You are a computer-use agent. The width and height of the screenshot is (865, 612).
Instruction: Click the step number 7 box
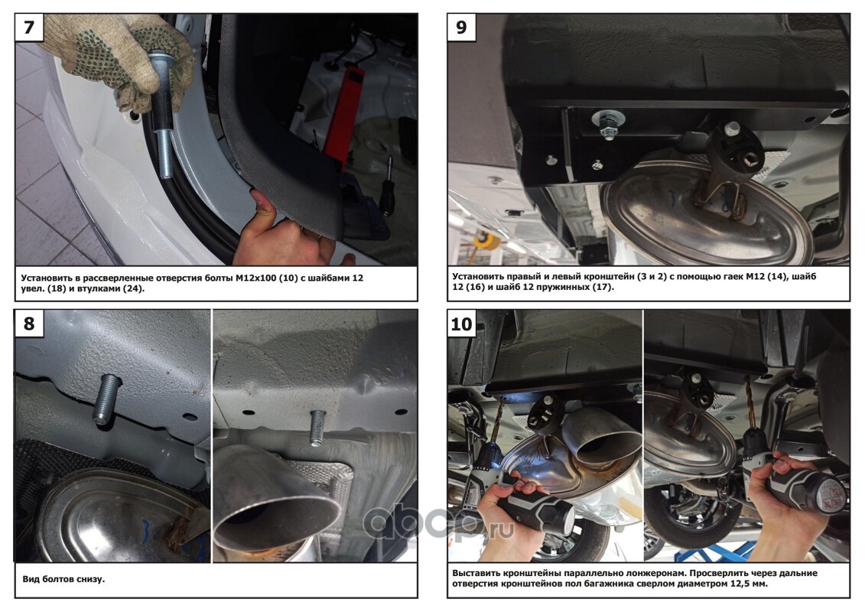pos(29,27)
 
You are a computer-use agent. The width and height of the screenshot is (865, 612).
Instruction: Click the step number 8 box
pos(29,324)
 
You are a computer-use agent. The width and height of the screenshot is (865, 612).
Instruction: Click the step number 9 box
pos(461,27)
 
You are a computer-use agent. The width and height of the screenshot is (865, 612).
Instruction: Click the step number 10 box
pos(461,324)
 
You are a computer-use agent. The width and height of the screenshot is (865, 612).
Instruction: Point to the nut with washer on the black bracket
pos(608,124)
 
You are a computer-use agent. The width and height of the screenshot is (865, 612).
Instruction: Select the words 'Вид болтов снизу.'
pos(63,579)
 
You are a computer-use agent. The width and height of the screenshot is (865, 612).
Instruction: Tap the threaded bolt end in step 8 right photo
pos(317,425)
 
